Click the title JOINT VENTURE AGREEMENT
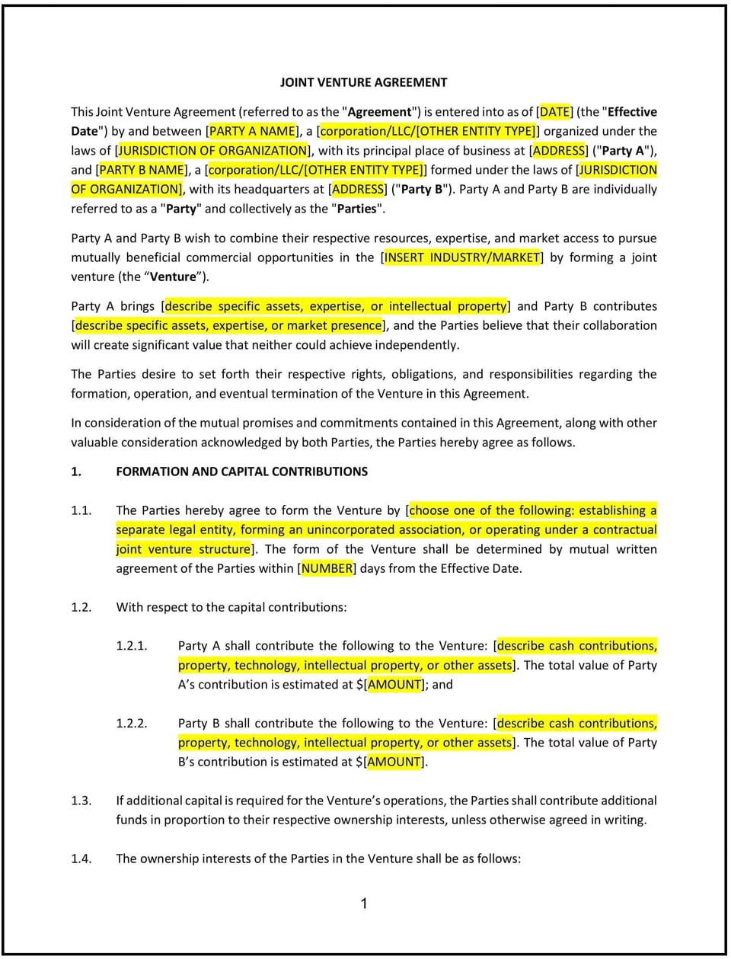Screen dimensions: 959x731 [363, 82]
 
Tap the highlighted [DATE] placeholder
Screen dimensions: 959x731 [554, 112]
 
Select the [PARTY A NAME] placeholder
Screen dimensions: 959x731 [253, 131]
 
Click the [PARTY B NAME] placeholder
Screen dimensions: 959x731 [142, 170]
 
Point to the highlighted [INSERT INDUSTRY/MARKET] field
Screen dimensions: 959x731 [462, 257]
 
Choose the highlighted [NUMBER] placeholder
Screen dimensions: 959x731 [327, 568]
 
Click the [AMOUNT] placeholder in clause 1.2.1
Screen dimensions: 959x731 [394, 684]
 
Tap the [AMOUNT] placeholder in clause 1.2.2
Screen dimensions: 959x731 [394, 762]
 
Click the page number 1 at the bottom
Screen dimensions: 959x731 [364, 903]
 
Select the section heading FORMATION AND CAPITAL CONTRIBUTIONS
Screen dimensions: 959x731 [241, 472]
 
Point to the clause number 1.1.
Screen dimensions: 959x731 [81, 510]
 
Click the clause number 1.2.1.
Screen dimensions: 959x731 [132, 646]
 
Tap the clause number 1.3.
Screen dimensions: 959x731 [81, 801]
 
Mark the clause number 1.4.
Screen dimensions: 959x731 [81, 858]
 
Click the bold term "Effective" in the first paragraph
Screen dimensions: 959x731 [632, 112]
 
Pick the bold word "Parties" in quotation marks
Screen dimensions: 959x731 [356, 209]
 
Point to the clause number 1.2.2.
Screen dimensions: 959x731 [132, 724]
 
